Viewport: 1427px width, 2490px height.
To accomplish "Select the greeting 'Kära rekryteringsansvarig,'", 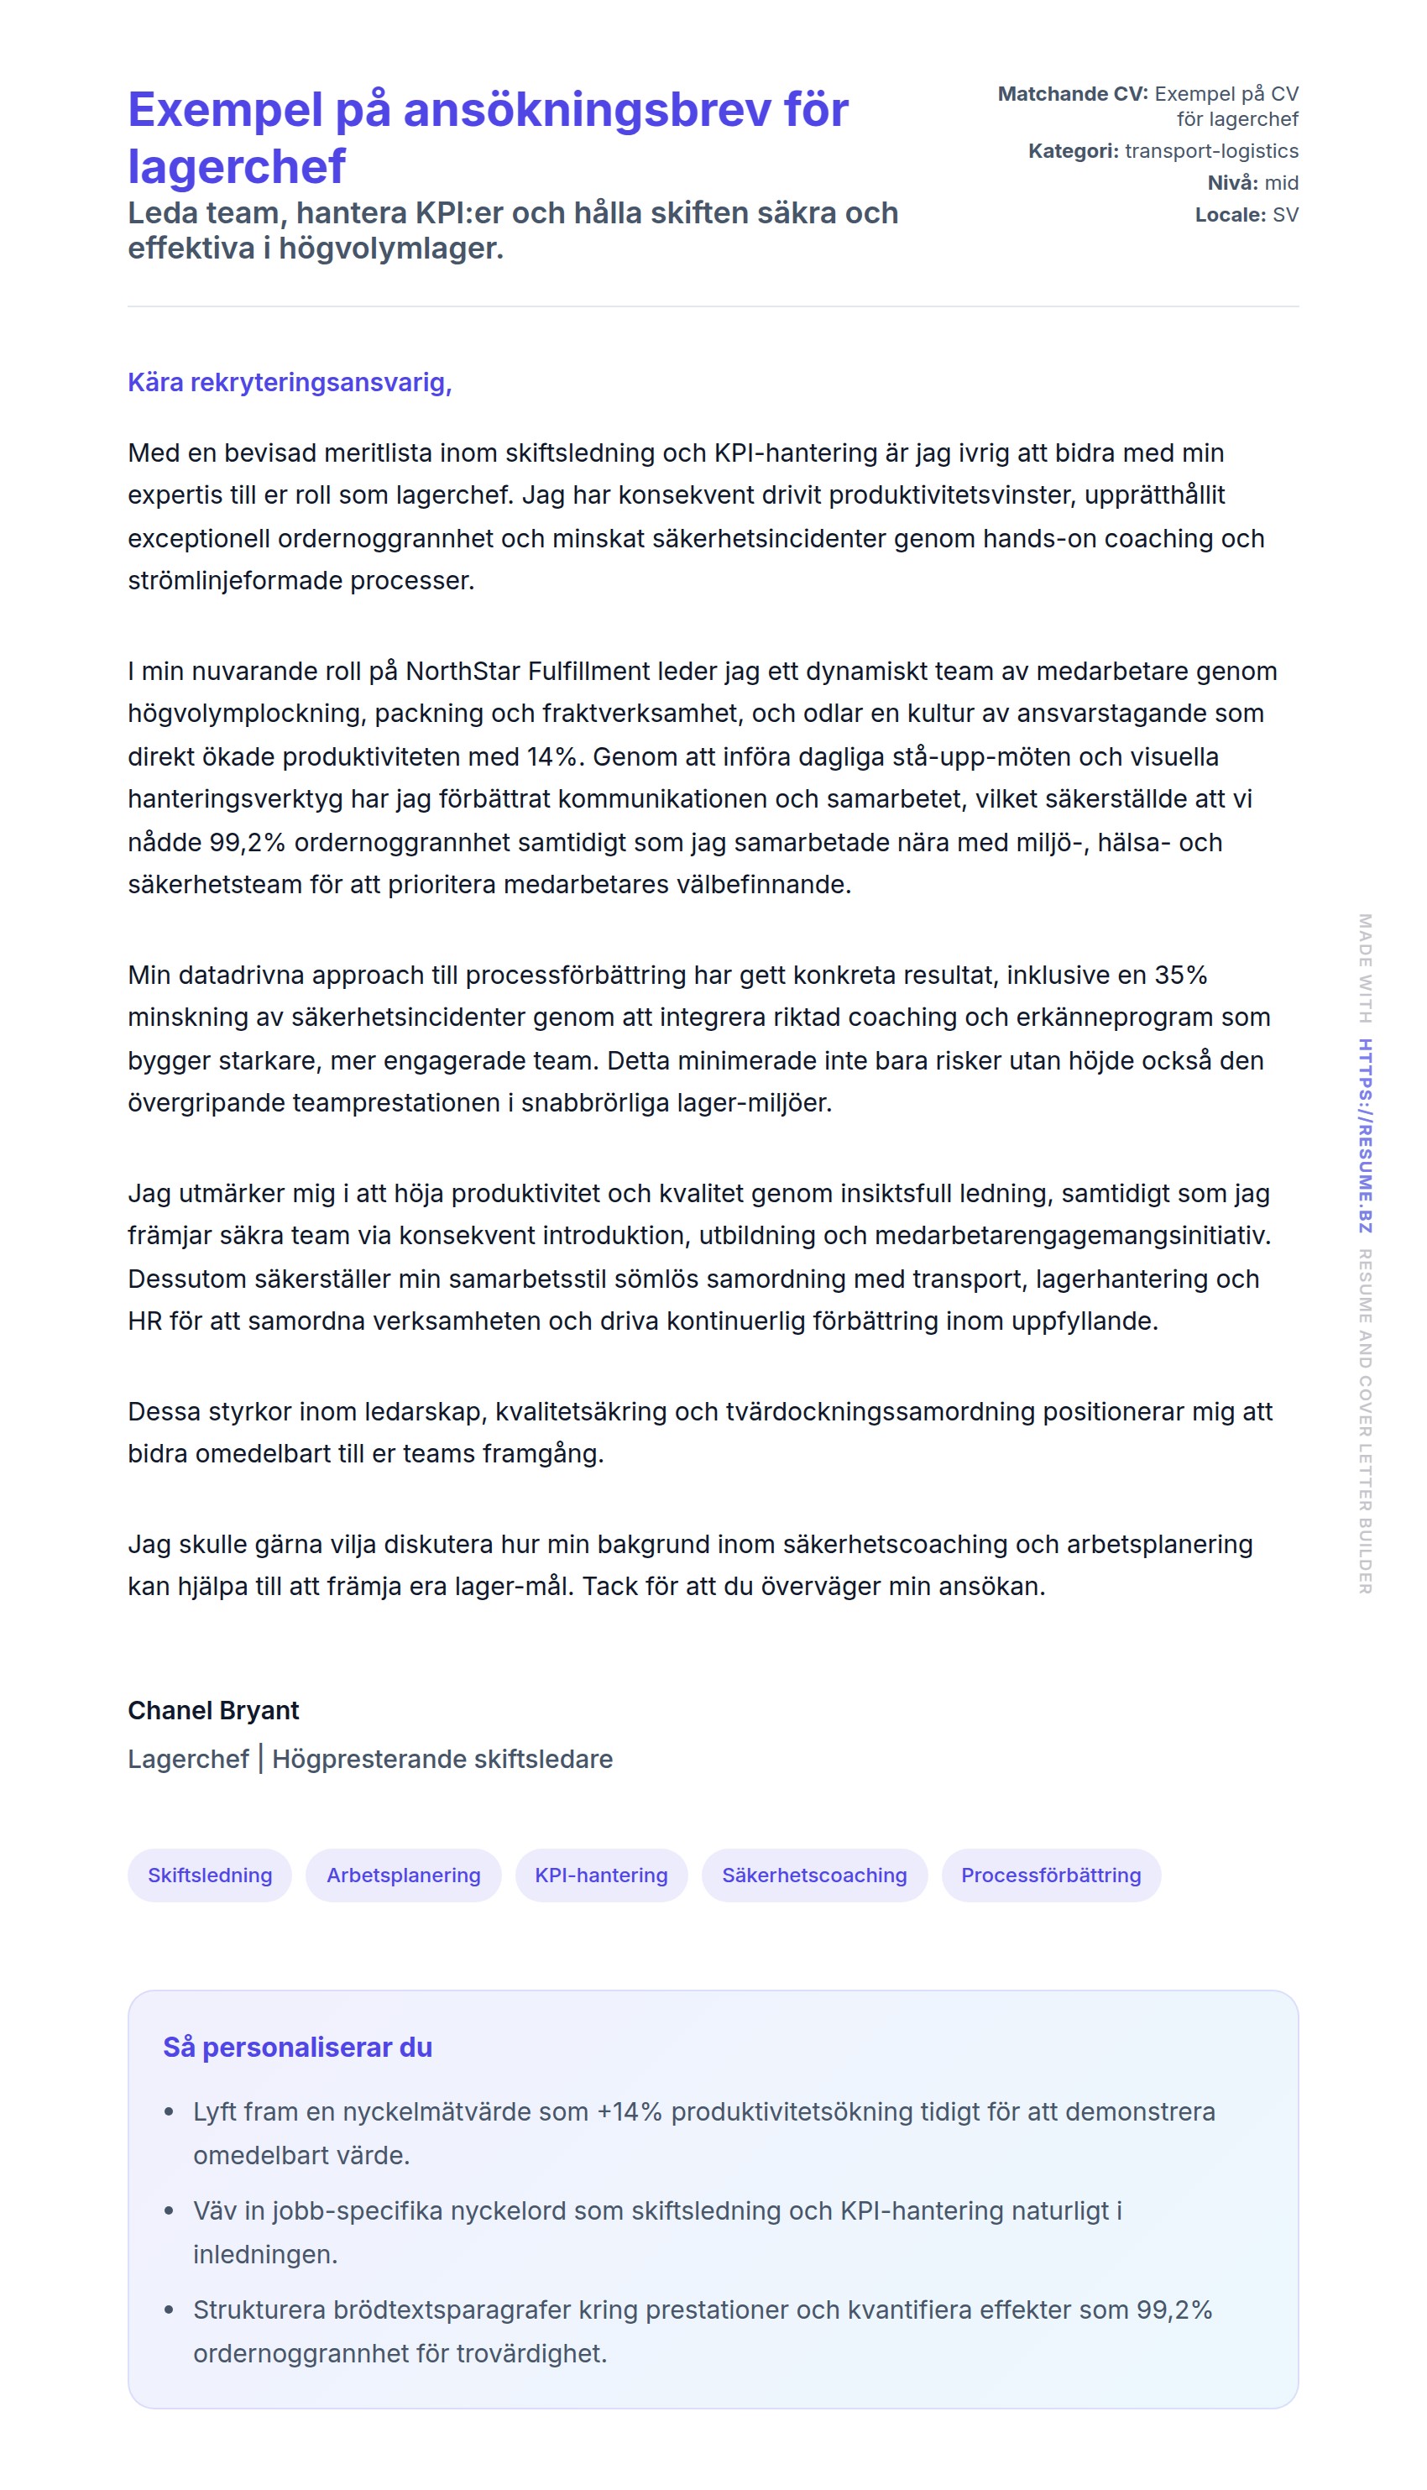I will [289, 382].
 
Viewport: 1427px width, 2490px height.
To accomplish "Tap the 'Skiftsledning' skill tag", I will [210, 1875].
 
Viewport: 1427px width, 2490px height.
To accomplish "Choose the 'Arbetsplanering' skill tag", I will [403, 1875].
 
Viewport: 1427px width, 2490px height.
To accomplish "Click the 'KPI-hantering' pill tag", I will [601, 1875].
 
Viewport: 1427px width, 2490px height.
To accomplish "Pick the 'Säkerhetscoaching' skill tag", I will [813, 1875].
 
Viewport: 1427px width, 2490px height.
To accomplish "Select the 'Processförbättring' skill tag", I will [1051, 1875].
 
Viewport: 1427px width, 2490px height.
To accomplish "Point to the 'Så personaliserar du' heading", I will [297, 2047].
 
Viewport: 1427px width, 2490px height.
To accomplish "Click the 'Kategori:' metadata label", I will [1072, 151].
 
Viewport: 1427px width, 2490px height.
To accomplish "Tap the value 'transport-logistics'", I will [1211, 151].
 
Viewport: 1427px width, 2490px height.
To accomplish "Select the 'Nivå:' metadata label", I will [1232, 183].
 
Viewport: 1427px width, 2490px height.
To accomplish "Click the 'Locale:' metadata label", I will [1229, 215].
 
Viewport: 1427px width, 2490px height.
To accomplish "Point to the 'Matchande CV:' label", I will [1072, 94].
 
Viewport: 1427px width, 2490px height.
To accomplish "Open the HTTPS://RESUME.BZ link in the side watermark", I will [1364, 1135].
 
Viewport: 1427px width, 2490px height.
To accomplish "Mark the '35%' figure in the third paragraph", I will [1180, 975].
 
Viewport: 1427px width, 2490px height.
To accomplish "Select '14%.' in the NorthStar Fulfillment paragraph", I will [556, 756].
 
